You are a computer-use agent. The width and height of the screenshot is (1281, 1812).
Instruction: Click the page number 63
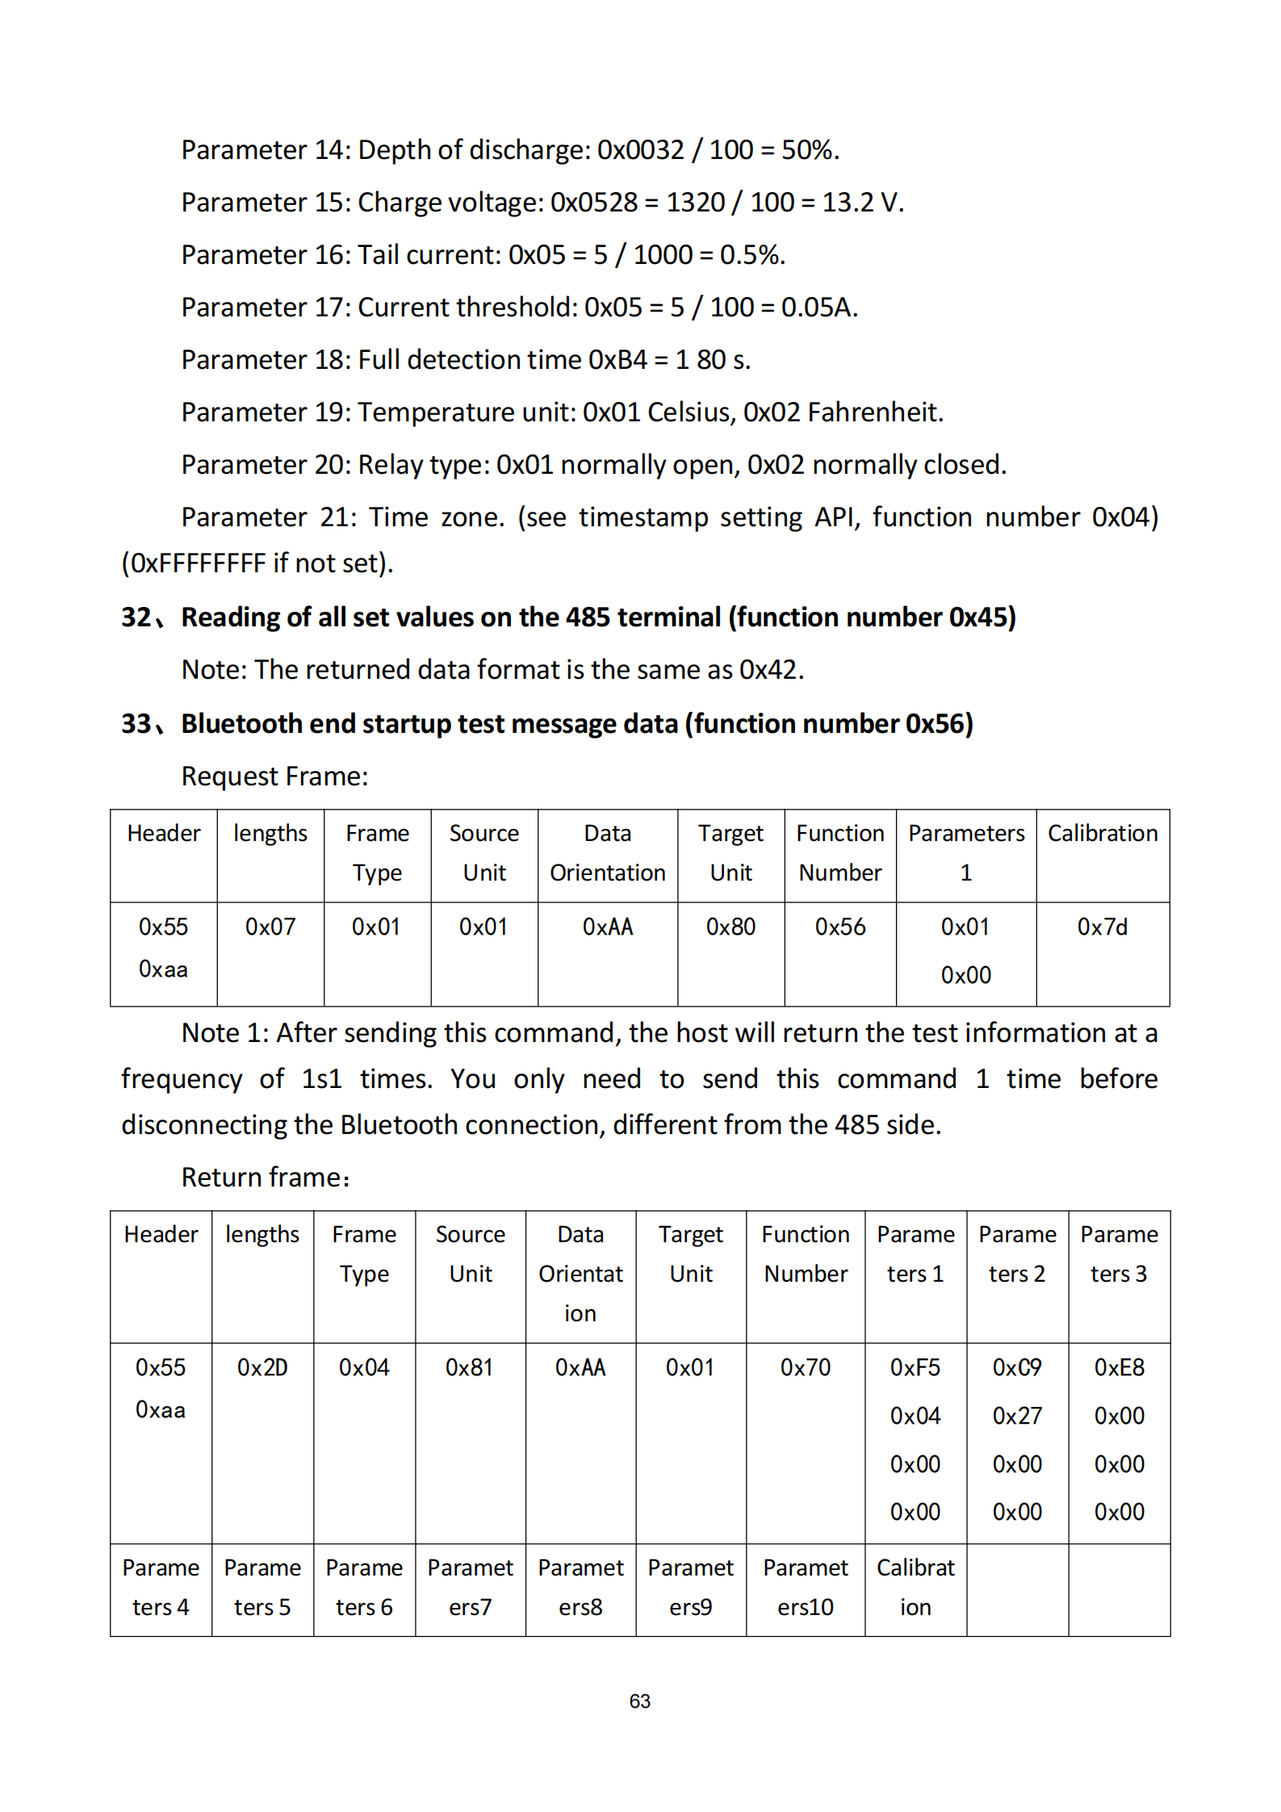click(639, 1701)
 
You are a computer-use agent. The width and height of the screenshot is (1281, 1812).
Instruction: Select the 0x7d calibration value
click(1102, 927)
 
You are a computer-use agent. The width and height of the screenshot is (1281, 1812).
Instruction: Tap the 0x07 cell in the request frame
click(270, 927)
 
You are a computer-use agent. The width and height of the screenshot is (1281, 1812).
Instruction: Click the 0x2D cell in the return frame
click(262, 1367)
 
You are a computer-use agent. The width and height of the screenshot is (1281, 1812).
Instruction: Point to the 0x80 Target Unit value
click(731, 927)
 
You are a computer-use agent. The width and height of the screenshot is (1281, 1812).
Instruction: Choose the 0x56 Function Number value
click(839, 927)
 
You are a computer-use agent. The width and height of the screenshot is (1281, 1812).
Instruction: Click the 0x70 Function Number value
click(805, 1367)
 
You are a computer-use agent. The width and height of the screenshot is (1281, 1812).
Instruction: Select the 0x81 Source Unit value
click(470, 1367)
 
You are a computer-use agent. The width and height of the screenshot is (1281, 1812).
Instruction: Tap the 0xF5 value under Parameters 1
click(915, 1367)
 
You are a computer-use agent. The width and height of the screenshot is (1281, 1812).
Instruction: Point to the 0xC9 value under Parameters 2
click(1017, 1367)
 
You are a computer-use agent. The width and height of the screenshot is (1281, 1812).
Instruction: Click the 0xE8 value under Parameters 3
click(1119, 1367)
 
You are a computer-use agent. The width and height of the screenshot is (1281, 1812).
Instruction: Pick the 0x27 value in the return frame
click(1017, 1416)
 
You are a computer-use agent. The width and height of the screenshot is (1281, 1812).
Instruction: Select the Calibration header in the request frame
click(1102, 833)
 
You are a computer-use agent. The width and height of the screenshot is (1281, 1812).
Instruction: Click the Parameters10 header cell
click(805, 1587)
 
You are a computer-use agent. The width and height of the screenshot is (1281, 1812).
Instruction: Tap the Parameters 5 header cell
click(262, 1587)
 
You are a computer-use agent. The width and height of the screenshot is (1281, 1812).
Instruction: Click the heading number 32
click(136, 617)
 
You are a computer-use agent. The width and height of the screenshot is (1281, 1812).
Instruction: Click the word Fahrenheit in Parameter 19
click(874, 412)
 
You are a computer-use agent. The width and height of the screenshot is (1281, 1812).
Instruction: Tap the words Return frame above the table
click(264, 1178)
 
